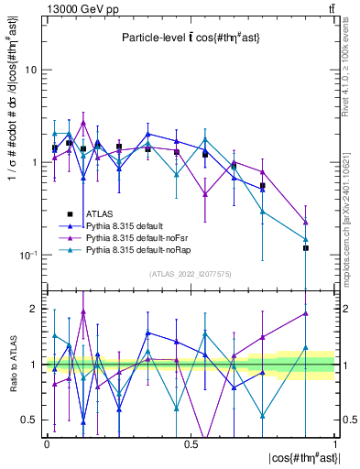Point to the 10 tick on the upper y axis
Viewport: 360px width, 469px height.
pos(31,70)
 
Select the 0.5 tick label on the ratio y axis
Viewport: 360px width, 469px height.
pos(30,420)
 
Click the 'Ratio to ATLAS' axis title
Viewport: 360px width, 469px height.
pos(11,366)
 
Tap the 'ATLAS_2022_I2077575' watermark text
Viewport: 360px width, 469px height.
pos(191,274)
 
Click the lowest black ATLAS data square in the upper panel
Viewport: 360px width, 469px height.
pos(306,248)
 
